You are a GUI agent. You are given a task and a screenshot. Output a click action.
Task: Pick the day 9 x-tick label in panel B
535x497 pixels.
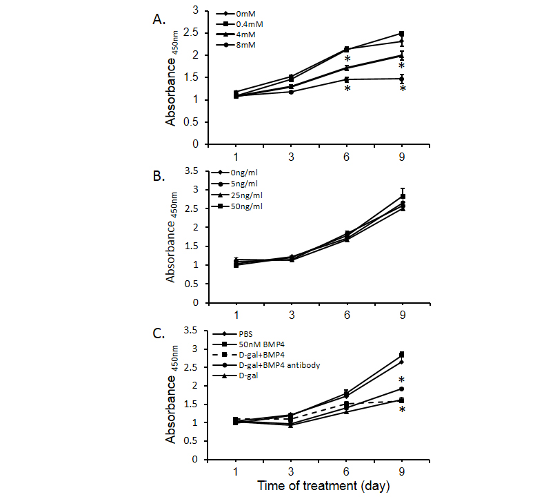[401, 315]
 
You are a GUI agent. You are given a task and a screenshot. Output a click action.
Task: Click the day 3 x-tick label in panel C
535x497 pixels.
[291, 471]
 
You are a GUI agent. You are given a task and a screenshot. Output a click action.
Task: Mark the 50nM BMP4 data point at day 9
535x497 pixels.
[401, 355]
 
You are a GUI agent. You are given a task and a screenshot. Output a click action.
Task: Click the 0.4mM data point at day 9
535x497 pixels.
[401, 34]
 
